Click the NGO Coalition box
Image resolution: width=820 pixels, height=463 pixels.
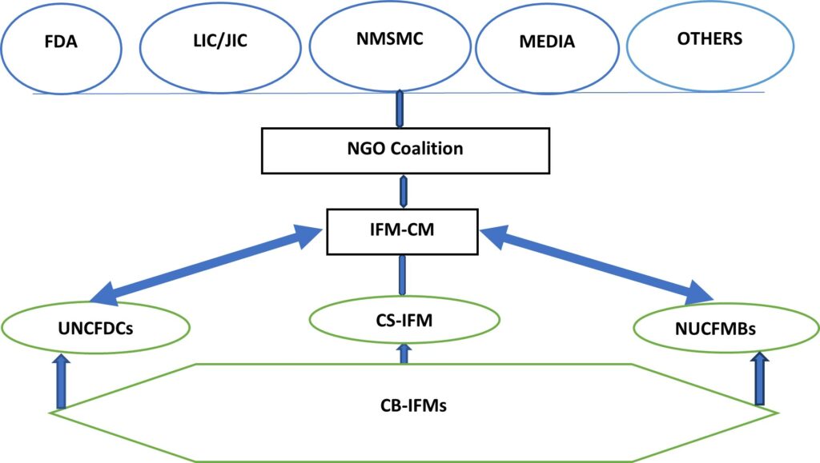405,150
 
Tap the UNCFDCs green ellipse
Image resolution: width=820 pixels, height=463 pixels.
95,328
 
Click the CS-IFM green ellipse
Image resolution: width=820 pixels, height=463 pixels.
404,319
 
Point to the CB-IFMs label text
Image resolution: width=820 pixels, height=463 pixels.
413,405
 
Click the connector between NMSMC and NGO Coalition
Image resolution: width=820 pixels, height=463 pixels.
400,109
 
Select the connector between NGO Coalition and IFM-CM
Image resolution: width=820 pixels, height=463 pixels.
404,192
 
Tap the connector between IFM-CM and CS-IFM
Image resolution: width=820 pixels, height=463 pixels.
404,277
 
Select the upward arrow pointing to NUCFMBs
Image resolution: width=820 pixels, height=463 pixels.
760,381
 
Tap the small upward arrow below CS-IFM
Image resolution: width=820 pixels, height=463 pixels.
404,353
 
